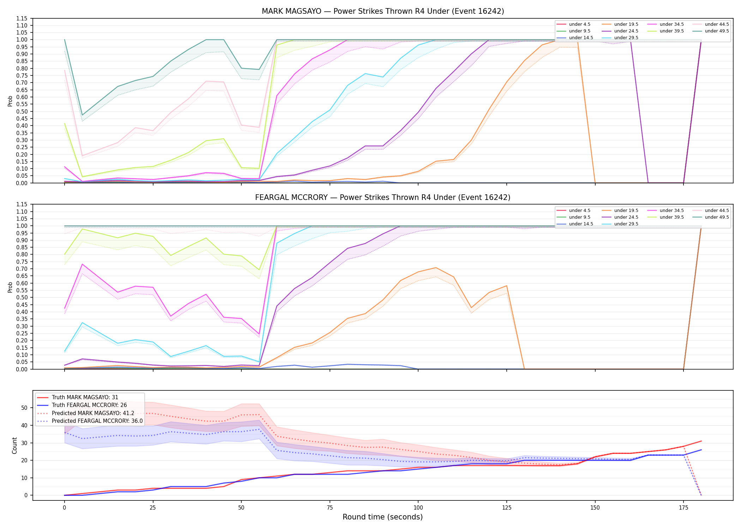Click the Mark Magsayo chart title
[x=383, y=11]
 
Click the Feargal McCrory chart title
[x=383, y=197]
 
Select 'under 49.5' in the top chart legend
[x=717, y=31]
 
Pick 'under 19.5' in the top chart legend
[x=626, y=24]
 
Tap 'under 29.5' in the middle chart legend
[x=626, y=224]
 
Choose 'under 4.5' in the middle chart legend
[x=579, y=211]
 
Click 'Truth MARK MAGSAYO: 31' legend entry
[x=85, y=397]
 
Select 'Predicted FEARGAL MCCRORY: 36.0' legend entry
[x=97, y=421]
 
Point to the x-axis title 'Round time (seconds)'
[x=383, y=517]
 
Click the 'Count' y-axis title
[x=14, y=445]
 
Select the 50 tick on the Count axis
[x=25, y=408]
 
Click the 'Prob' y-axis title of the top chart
[x=10, y=101]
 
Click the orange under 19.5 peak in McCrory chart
[x=436, y=268]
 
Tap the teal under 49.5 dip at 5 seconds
[x=82, y=115]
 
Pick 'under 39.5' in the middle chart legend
[x=671, y=217]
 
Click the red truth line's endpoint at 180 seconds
[x=701, y=441]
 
